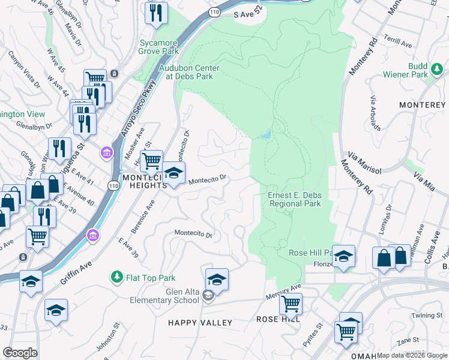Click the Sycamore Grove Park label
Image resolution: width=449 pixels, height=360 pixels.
click(159, 47)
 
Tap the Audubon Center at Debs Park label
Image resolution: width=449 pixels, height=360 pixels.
click(188, 72)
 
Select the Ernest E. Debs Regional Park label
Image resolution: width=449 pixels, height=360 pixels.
click(294, 199)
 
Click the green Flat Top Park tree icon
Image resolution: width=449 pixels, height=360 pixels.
click(116, 277)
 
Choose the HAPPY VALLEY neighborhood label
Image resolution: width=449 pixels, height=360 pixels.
click(200, 323)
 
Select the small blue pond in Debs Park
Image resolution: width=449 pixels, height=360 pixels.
click(265, 135)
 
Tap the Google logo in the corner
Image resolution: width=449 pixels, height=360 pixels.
click(20, 353)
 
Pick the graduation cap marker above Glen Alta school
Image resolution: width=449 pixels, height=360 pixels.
click(217, 279)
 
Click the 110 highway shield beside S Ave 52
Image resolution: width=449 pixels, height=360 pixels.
click(214, 11)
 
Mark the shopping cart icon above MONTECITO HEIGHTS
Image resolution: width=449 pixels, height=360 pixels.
click(152, 160)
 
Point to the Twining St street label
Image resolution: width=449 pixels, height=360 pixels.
click(427, 315)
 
